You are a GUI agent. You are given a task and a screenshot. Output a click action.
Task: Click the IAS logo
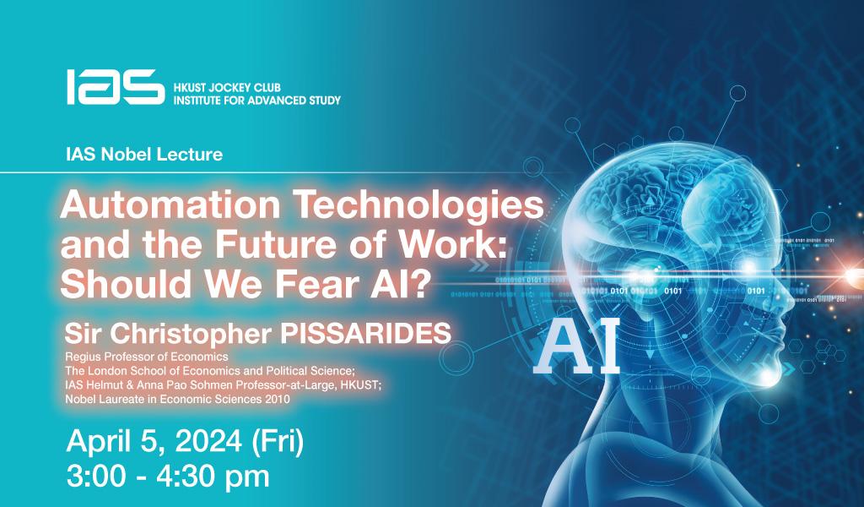click(x=115, y=86)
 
